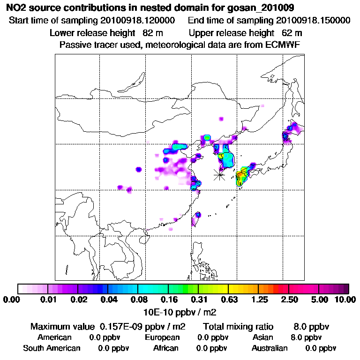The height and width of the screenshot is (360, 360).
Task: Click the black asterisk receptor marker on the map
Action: click(219, 175)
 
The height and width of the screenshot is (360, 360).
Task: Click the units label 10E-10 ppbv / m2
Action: click(180, 311)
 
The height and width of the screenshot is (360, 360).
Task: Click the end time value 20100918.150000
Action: click(313, 21)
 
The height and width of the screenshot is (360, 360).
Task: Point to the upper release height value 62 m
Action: click(292, 33)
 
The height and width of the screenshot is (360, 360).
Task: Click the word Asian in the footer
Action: click(262, 337)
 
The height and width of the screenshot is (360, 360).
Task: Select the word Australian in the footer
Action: click(270, 348)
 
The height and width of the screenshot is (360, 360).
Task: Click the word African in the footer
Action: click(166, 348)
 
